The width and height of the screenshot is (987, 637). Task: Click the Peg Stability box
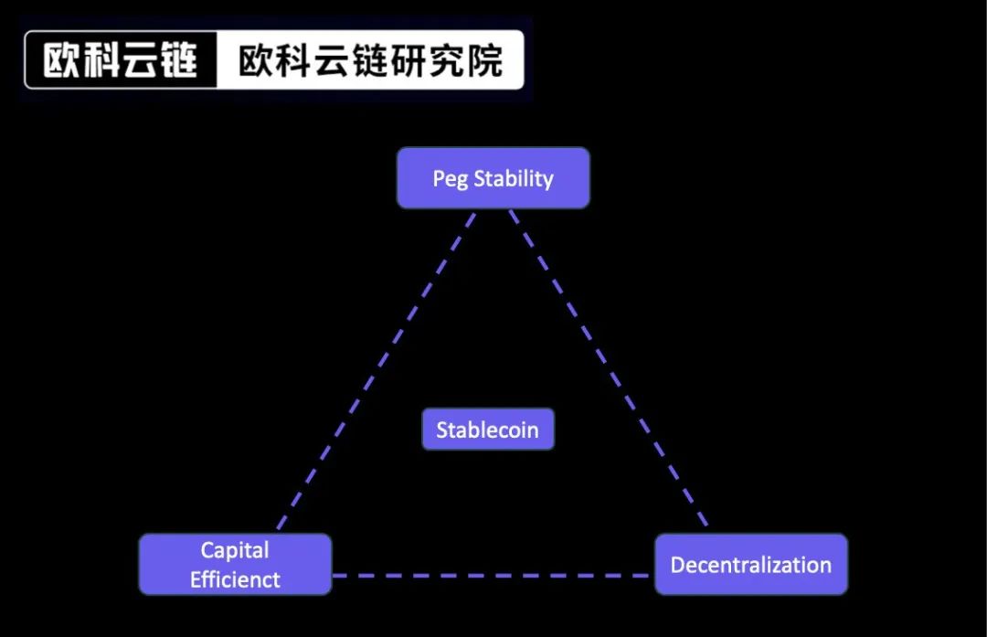pos(493,178)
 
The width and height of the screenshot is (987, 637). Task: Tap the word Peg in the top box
pos(450,179)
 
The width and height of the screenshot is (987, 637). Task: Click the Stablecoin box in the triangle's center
pos(488,430)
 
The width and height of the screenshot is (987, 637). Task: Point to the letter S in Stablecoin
pos(442,430)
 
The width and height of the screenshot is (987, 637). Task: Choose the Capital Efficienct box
pos(235,565)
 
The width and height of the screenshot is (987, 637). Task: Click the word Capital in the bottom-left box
pos(235,551)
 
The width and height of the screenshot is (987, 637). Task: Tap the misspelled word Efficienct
pos(235,580)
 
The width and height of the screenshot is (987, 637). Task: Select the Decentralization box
pos(751,565)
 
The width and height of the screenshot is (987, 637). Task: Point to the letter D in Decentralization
pos(678,565)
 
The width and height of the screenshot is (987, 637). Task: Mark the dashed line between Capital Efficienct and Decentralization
pos(493,576)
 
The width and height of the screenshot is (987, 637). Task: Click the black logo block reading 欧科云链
pos(121,60)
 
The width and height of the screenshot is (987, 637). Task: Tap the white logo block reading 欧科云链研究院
pos(370,60)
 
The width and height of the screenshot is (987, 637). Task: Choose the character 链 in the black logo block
pos(180,60)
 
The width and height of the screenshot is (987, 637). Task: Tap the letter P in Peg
pos(438,178)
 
